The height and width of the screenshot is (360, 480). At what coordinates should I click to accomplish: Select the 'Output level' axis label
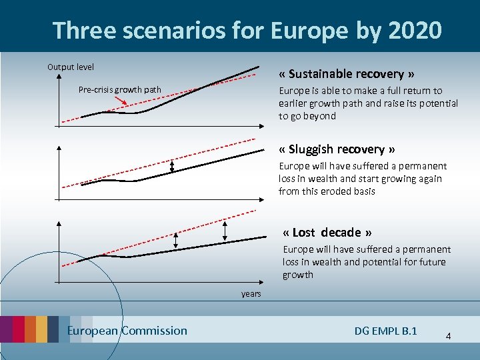pyautogui.click(x=71, y=67)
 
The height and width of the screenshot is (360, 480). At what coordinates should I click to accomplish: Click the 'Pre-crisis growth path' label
pyautogui.click(x=119, y=89)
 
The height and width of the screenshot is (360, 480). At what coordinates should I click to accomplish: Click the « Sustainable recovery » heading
pyautogui.click(x=347, y=74)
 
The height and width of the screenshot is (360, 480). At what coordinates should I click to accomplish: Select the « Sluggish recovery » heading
pyautogui.click(x=337, y=149)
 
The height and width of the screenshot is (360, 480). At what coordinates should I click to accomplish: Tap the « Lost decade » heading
pyautogui.click(x=327, y=233)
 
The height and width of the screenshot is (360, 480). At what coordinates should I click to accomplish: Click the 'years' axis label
pyautogui.click(x=251, y=294)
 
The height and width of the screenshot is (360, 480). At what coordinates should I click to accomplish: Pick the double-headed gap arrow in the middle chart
pyautogui.click(x=172, y=167)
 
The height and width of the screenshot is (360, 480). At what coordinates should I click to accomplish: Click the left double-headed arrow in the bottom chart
pyautogui.click(x=176, y=240)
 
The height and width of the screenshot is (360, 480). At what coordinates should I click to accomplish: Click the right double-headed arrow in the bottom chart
pyautogui.click(x=225, y=231)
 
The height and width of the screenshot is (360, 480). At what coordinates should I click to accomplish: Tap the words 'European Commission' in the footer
pyautogui.click(x=127, y=331)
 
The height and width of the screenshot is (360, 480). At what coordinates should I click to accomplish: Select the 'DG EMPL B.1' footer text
pyautogui.click(x=386, y=331)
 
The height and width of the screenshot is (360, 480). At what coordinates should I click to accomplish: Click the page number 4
pyautogui.click(x=448, y=336)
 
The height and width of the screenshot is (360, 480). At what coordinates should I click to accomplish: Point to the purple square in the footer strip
pyautogui.click(x=6, y=329)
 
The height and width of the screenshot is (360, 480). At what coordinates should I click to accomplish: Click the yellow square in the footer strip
pyautogui.click(x=41, y=329)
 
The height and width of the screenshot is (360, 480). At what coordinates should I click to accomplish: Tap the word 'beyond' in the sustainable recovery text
pyautogui.click(x=319, y=116)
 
